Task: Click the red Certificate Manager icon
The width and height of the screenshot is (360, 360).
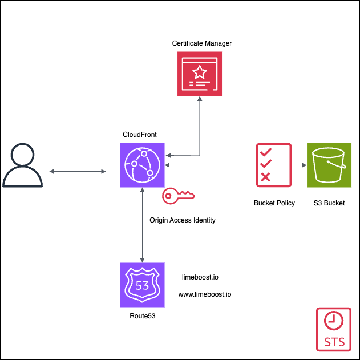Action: pyautogui.click(x=199, y=74)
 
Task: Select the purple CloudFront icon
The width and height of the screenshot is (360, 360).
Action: pyautogui.click(x=142, y=165)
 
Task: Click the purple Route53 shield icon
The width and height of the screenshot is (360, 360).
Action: pyautogui.click(x=142, y=285)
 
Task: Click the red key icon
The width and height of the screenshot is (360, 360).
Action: pyautogui.click(x=177, y=196)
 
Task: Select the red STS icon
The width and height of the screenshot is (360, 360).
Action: pyautogui.click(x=334, y=329)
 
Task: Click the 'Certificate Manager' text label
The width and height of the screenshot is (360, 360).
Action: pyautogui.click(x=202, y=43)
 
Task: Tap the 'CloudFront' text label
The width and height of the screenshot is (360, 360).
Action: pyautogui.click(x=140, y=135)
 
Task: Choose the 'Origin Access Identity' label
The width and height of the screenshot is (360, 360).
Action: pyautogui.click(x=183, y=220)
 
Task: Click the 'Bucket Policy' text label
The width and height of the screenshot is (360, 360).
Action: pyautogui.click(x=274, y=203)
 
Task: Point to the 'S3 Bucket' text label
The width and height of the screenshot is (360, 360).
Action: pyautogui.click(x=329, y=203)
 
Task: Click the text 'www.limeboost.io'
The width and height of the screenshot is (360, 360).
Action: pyautogui.click(x=205, y=295)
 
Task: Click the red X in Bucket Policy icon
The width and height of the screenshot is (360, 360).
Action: pyautogui.click(x=265, y=177)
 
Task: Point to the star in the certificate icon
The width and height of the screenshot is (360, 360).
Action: pyautogui.click(x=200, y=72)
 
